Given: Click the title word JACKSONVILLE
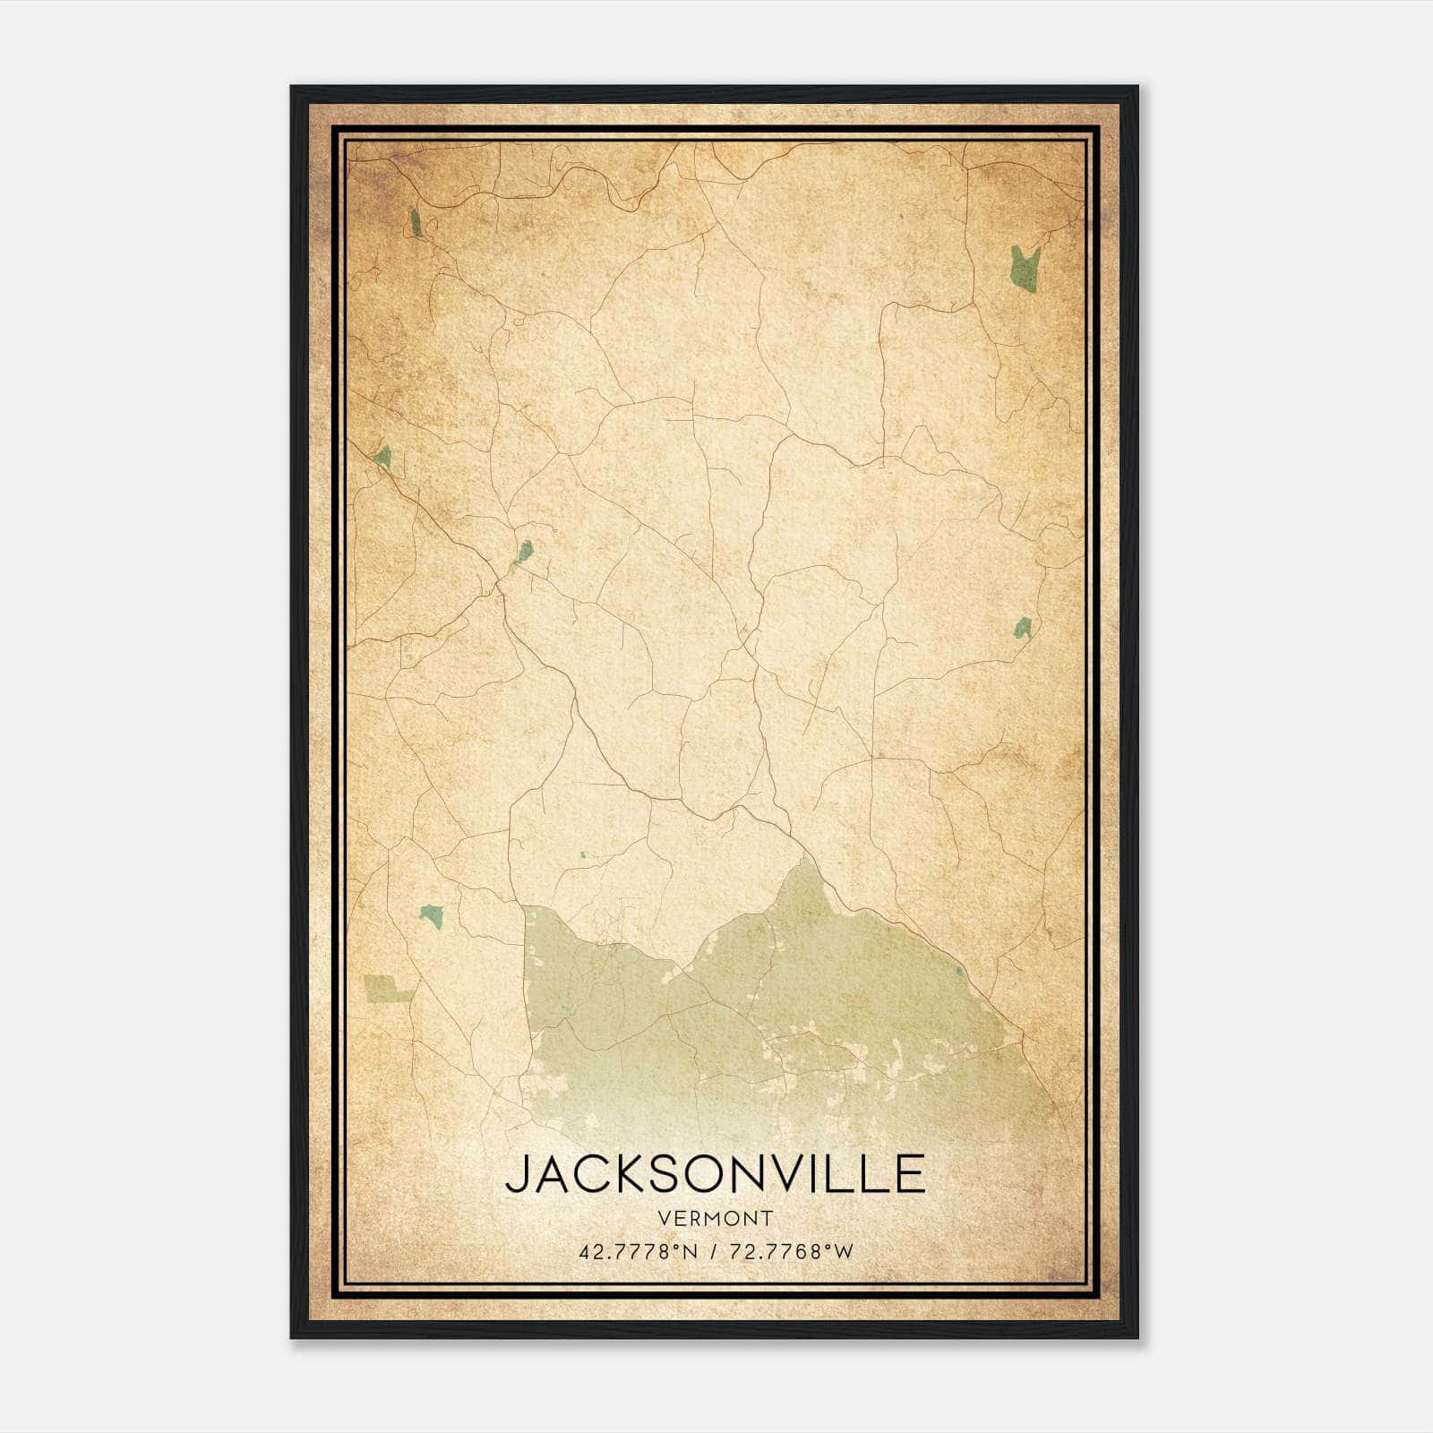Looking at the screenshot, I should (x=715, y=1174).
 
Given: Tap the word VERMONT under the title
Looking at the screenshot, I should (x=715, y=1218).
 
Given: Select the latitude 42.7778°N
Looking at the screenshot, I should (x=631, y=1251).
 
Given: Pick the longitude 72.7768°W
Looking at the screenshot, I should (x=794, y=1251).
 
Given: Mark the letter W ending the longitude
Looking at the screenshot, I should (x=844, y=1251).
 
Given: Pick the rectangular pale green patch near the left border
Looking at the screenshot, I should (x=387, y=988).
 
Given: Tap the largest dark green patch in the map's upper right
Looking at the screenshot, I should (x=1025, y=268).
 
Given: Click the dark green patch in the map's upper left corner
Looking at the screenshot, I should (x=415, y=223).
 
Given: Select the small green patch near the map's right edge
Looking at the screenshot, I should (x=1022, y=627).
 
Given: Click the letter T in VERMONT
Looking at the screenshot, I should (x=768, y=1218).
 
